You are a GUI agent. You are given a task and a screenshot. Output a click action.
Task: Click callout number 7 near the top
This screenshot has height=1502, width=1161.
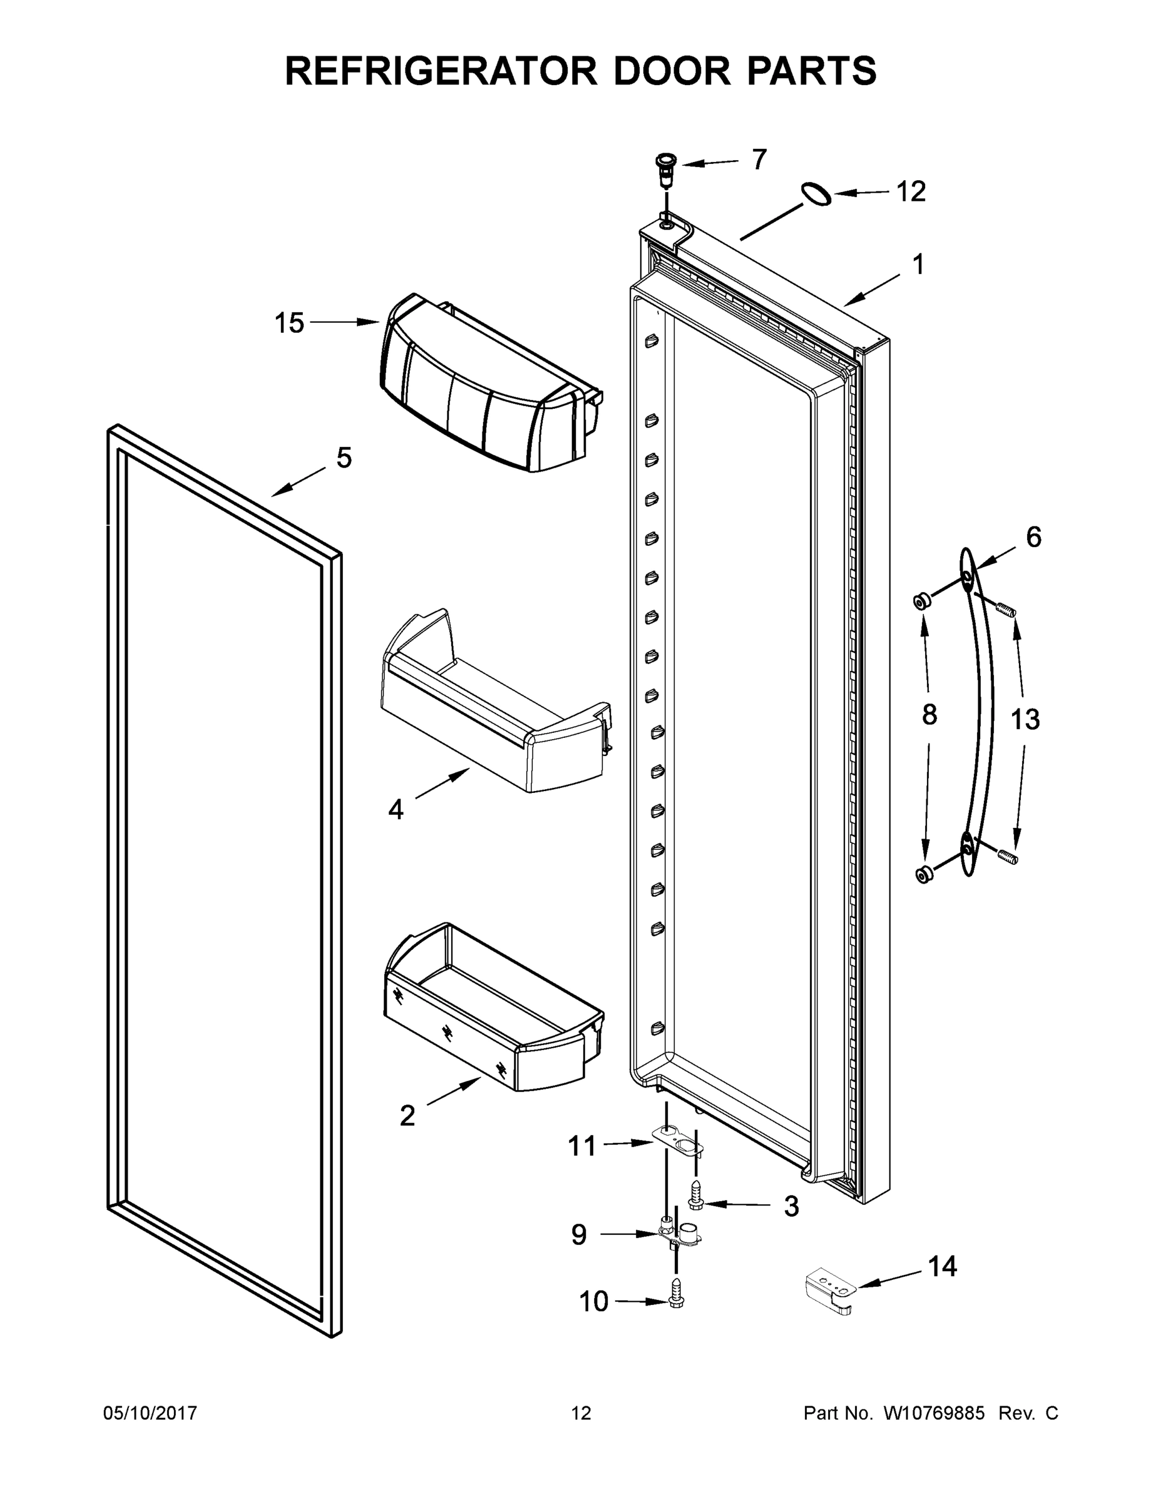point(759,160)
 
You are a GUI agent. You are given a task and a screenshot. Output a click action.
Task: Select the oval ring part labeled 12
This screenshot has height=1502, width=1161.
point(816,195)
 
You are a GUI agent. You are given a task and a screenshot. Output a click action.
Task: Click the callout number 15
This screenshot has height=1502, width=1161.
point(289,322)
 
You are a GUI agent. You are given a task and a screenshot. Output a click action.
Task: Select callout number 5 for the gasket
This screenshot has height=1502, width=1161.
point(344,457)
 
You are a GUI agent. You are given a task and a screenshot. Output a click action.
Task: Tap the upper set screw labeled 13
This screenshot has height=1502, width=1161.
point(1006,608)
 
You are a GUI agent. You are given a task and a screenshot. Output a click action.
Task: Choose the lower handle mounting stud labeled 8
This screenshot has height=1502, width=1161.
point(924,874)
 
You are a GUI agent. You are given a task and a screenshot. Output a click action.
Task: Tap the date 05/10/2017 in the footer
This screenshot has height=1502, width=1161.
point(150,1413)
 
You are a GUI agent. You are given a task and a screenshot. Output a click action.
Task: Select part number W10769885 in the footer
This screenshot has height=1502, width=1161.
point(933,1413)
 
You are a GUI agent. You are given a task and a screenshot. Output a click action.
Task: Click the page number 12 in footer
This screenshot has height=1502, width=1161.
point(581,1413)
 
